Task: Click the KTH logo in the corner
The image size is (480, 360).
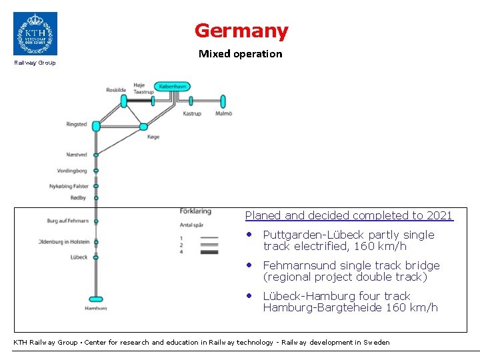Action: coord(35,33)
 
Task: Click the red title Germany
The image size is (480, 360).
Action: coord(241,31)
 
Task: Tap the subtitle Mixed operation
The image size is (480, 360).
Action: coord(240,54)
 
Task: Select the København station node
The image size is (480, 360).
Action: coord(173,86)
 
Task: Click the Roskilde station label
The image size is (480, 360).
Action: coord(115,90)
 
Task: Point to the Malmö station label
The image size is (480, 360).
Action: coord(223,114)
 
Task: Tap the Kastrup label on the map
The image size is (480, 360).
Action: coord(192,114)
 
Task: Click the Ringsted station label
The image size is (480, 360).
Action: coord(77,124)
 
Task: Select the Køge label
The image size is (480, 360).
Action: coord(153,137)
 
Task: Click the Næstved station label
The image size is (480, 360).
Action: coord(77,155)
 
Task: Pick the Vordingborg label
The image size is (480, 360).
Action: coord(72,171)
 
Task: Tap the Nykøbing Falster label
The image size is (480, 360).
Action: coord(69,186)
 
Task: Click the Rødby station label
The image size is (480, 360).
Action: coord(79,197)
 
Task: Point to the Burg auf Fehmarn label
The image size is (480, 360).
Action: coord(67,221)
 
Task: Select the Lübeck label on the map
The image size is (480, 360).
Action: coord(79,257)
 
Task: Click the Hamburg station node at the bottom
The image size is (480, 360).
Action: coord(96,299)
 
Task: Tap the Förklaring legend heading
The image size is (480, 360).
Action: coord(195,211)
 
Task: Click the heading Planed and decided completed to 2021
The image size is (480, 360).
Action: coord(349,215)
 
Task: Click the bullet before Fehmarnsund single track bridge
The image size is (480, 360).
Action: coord(248,265)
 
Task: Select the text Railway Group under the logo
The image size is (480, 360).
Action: coord(35,63)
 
